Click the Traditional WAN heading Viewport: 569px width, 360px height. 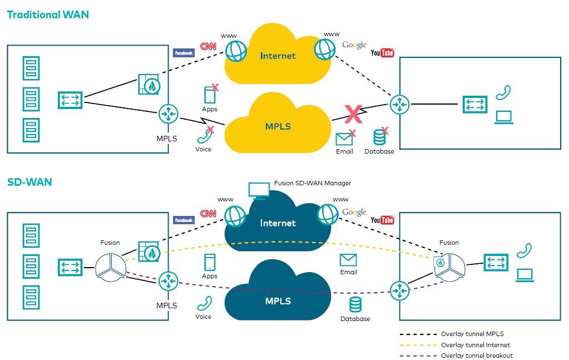point(48,15)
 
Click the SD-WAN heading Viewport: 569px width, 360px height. point(29,182)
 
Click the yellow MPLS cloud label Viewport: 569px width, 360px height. point(278,126)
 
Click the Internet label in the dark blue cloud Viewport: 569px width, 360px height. point(278,223)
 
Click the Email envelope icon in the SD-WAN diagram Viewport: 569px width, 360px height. point(348,260)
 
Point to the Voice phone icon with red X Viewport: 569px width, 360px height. point(204,135)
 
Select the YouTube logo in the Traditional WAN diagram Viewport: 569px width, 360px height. point(382,53)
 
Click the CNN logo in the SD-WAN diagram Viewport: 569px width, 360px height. point(208,214)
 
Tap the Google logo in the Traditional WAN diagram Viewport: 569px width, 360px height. point(354,45)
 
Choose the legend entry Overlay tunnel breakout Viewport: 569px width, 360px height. point(477,356)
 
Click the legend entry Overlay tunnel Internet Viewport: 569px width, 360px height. point(476,345)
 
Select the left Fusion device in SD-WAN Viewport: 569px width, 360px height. point(110,265)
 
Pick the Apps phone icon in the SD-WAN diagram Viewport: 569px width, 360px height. point(210,262)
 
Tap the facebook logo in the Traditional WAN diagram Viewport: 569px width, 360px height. point(184,53)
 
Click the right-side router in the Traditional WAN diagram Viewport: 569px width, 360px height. point(399,104)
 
